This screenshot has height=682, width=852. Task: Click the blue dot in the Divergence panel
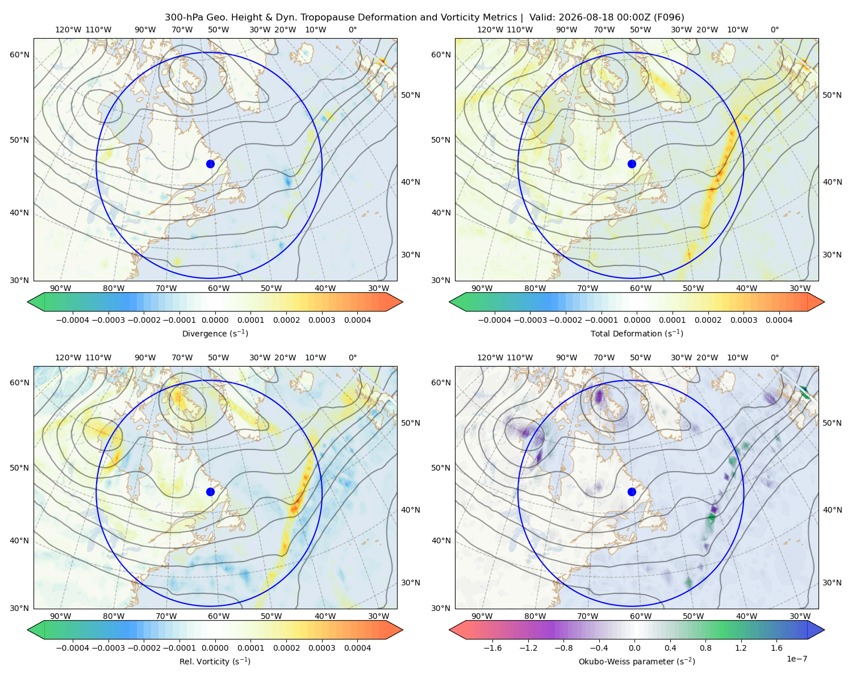click(210, 164)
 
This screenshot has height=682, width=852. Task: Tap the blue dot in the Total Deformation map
click(632, 164)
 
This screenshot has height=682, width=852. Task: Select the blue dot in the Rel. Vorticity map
click(210, 492)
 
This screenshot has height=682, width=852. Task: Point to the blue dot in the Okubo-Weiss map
click(632, 492)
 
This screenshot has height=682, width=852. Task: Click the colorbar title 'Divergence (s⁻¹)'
click(215, 333)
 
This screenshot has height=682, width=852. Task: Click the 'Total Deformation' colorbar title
click(637, 333)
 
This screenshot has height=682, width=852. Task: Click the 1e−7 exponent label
click(796, 659)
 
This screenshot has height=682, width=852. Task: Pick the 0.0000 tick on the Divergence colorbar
click(215, 320)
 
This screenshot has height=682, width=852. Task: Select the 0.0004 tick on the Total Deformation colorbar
click(779, 320)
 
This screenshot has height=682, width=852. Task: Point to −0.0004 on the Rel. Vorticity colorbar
click(73, 647)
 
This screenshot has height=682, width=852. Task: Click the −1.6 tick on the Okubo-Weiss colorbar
click(492, 647)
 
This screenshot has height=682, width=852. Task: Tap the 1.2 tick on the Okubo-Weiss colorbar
click(741, 647)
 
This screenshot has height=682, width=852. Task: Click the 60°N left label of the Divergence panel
click(19, 55)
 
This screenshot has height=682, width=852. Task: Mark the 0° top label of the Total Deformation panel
click(774, 30)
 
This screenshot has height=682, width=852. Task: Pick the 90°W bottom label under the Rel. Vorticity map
click(61, 616)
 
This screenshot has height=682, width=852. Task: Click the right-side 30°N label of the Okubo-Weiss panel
click(832, 582)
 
